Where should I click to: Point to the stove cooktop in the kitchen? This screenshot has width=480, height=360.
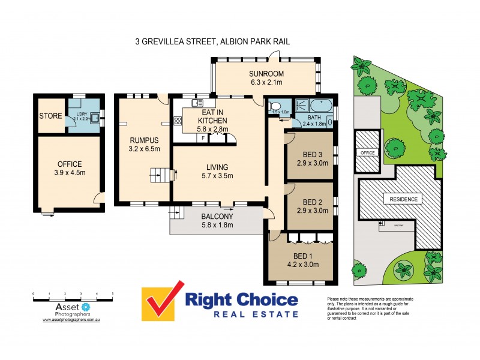pos(178,121)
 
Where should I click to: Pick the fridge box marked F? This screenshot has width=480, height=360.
pos(203,138)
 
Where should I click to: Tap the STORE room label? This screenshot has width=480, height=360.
pos(50,116)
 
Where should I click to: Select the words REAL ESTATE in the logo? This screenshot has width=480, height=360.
pos(242,314)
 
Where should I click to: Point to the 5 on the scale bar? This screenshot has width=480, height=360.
pos(113,294)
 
